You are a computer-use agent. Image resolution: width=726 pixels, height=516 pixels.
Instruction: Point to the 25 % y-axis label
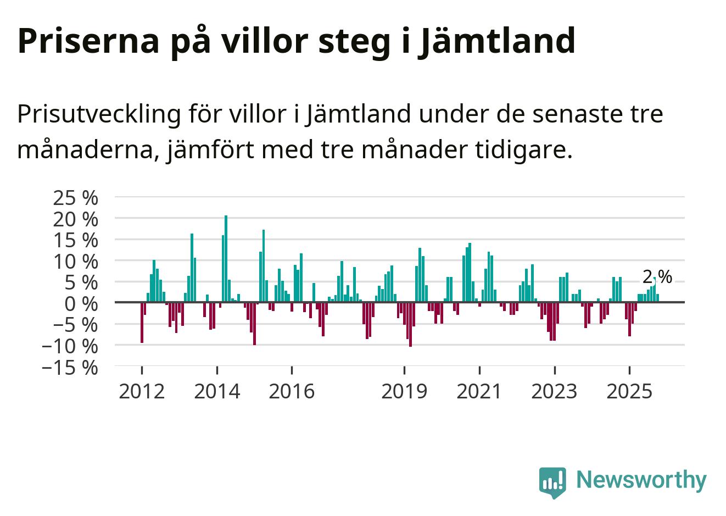pos(75,198)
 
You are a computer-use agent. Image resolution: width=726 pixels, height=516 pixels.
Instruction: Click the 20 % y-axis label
pos(75,219)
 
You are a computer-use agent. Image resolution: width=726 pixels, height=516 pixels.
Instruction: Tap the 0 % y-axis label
pos(81,303)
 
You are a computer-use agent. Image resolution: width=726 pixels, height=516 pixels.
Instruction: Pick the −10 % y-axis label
pos(70,346)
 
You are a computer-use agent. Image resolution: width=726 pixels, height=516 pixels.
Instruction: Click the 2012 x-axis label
pos(142,391)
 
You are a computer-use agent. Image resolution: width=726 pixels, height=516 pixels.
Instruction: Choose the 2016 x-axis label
pos(292,391)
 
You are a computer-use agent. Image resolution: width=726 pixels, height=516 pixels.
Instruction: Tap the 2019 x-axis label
pos(404,391)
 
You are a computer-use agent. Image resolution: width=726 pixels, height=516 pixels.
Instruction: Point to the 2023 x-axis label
pos(555,391)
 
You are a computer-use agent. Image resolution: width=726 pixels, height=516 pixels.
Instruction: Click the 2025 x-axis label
pos(629,391)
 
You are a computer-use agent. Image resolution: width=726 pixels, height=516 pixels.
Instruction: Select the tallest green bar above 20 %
pos(226,258)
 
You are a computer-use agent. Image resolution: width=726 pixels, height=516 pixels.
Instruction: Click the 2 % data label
pos(657,277)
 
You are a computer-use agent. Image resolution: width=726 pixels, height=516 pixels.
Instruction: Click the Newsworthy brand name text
pos(641,480)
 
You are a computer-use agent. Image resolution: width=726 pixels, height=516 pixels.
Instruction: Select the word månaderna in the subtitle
pos(85,149)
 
